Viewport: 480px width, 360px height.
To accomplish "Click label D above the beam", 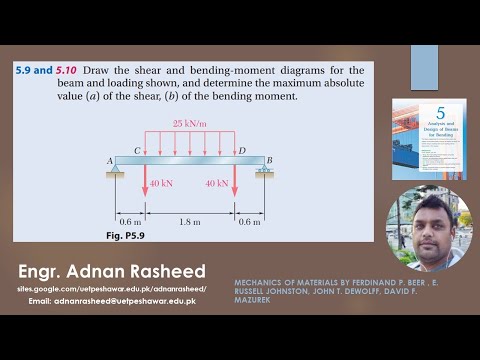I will click(241, 149).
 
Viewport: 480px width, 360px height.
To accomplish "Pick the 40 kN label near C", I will click(162, 183).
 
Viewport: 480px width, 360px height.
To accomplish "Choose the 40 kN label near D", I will click(217, 183).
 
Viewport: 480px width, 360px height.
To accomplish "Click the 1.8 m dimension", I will click(190, 222).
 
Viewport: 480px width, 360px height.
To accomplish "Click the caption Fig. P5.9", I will click(127, 234).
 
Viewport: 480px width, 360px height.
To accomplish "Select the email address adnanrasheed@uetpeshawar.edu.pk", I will click(125, 300).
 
